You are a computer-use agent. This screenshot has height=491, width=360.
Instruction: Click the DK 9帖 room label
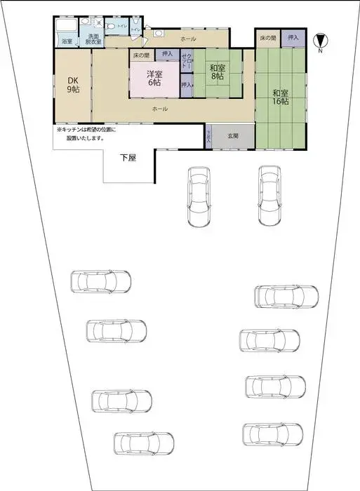coord(72,84)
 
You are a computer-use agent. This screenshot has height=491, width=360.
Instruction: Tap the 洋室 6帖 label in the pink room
coord(153,78)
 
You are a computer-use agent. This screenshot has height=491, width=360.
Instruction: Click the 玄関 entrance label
coord(232,136)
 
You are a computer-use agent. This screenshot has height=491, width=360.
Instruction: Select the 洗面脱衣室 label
coord(93,39)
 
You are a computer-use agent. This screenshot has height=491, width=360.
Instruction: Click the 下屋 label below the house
coord(127,158)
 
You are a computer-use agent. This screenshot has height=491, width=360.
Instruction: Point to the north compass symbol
coord(320,40)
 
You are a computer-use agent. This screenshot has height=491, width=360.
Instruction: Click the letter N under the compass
coord(320,51)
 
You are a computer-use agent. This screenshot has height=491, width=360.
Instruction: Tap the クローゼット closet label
coord(186,62)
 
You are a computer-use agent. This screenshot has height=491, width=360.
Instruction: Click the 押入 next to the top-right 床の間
coord(293,38)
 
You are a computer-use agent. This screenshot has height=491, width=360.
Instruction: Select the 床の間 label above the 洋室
coord(141,54)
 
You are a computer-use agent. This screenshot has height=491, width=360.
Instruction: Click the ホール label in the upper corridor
coord(188,38)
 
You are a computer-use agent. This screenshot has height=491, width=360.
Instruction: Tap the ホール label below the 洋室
coord(160,109)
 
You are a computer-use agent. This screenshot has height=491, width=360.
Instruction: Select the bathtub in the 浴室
coord(67,28)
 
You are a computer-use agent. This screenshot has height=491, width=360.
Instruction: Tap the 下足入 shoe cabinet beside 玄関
coord(208,136)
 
